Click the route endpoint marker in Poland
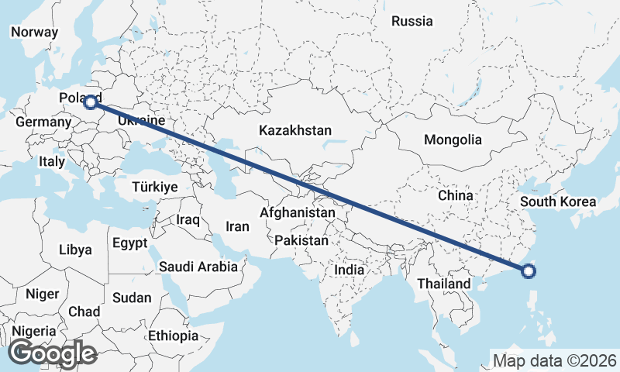tap(91, 102)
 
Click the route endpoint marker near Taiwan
tap(529, 271)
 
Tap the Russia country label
tap(412, 22)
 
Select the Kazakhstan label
tap(295, 130)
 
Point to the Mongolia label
tap(453, 140)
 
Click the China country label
tap(455, 195)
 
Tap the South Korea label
tap(558, 202)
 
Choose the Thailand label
tap(443, 284)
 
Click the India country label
tap(349, 271)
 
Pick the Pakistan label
tap(301, 241)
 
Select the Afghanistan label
tap(298, 212)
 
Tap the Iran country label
tap(237, 227)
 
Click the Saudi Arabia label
tap(198, 267)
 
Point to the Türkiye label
tap(155, 188)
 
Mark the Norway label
tap(34, 33)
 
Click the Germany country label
tap(43, 122)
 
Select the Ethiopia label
tap(174, 336)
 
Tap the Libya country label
tap(75, 250)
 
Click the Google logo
tap(53, 353)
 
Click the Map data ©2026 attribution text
tap(554, 360)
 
